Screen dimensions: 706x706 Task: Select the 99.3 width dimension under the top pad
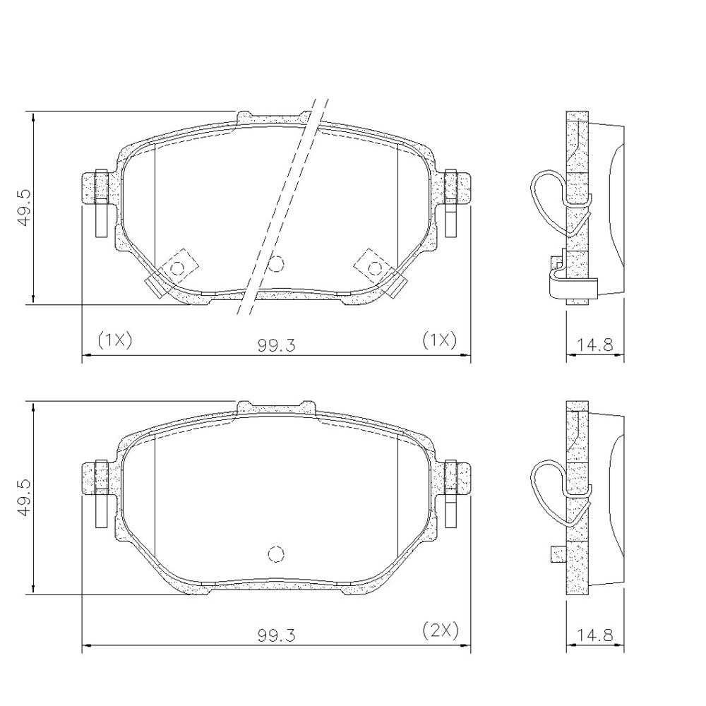pyautogui.click(x=276, y=345)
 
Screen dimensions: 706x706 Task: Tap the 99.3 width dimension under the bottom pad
pyautogui.click(x=276, y=635)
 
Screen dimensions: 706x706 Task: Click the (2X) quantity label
pyautogui.click(x=441, y=629)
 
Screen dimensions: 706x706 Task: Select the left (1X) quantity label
pyautogui.click(x=115, y=340)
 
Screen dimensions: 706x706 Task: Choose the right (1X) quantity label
pyautogui.click(x=439, y=340)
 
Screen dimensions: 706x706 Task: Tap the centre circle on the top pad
pyautogui.click(x=276, y=263)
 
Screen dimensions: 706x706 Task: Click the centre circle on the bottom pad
pyautogui.click(x=276, y=554)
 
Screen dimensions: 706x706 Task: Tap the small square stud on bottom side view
pyautogui.click(x=558, y=554)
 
